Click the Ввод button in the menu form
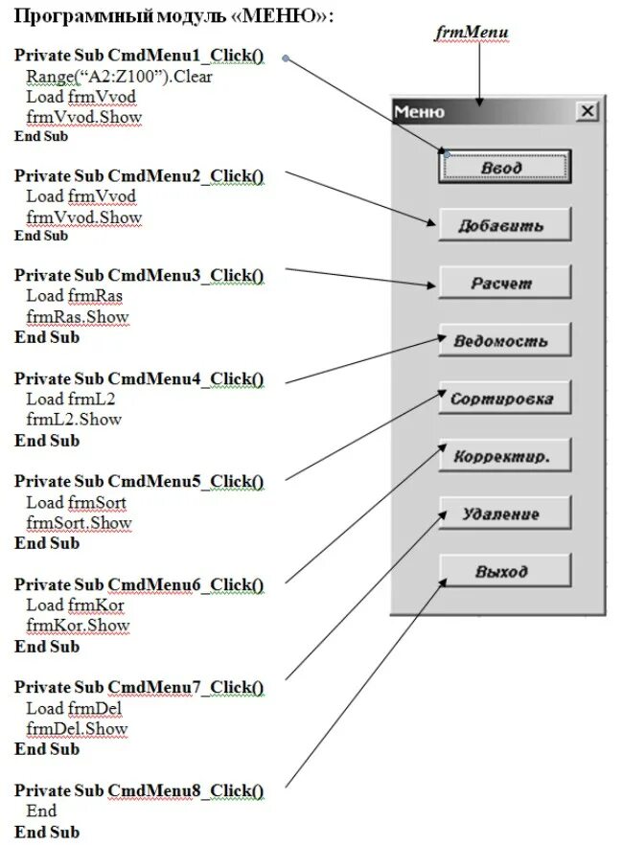click(x=504, y=167)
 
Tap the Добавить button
click(x=504, y=225)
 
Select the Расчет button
click(x=504, y=283)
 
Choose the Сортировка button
click(x=504, y=399)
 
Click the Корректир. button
click(x=504, y=456)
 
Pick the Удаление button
click(x=504, y=514)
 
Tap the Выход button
click(x=504, y=571)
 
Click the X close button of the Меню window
click(x=587, y=112)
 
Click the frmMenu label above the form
click(x=472, y=33)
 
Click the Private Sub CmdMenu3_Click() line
click(x=139, y=276)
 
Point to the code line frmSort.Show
click(x=79, y=523)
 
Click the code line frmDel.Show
click(x=77, y=729)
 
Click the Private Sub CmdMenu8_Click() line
click(x=139, y=790)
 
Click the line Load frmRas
click(x=74, y=296)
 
